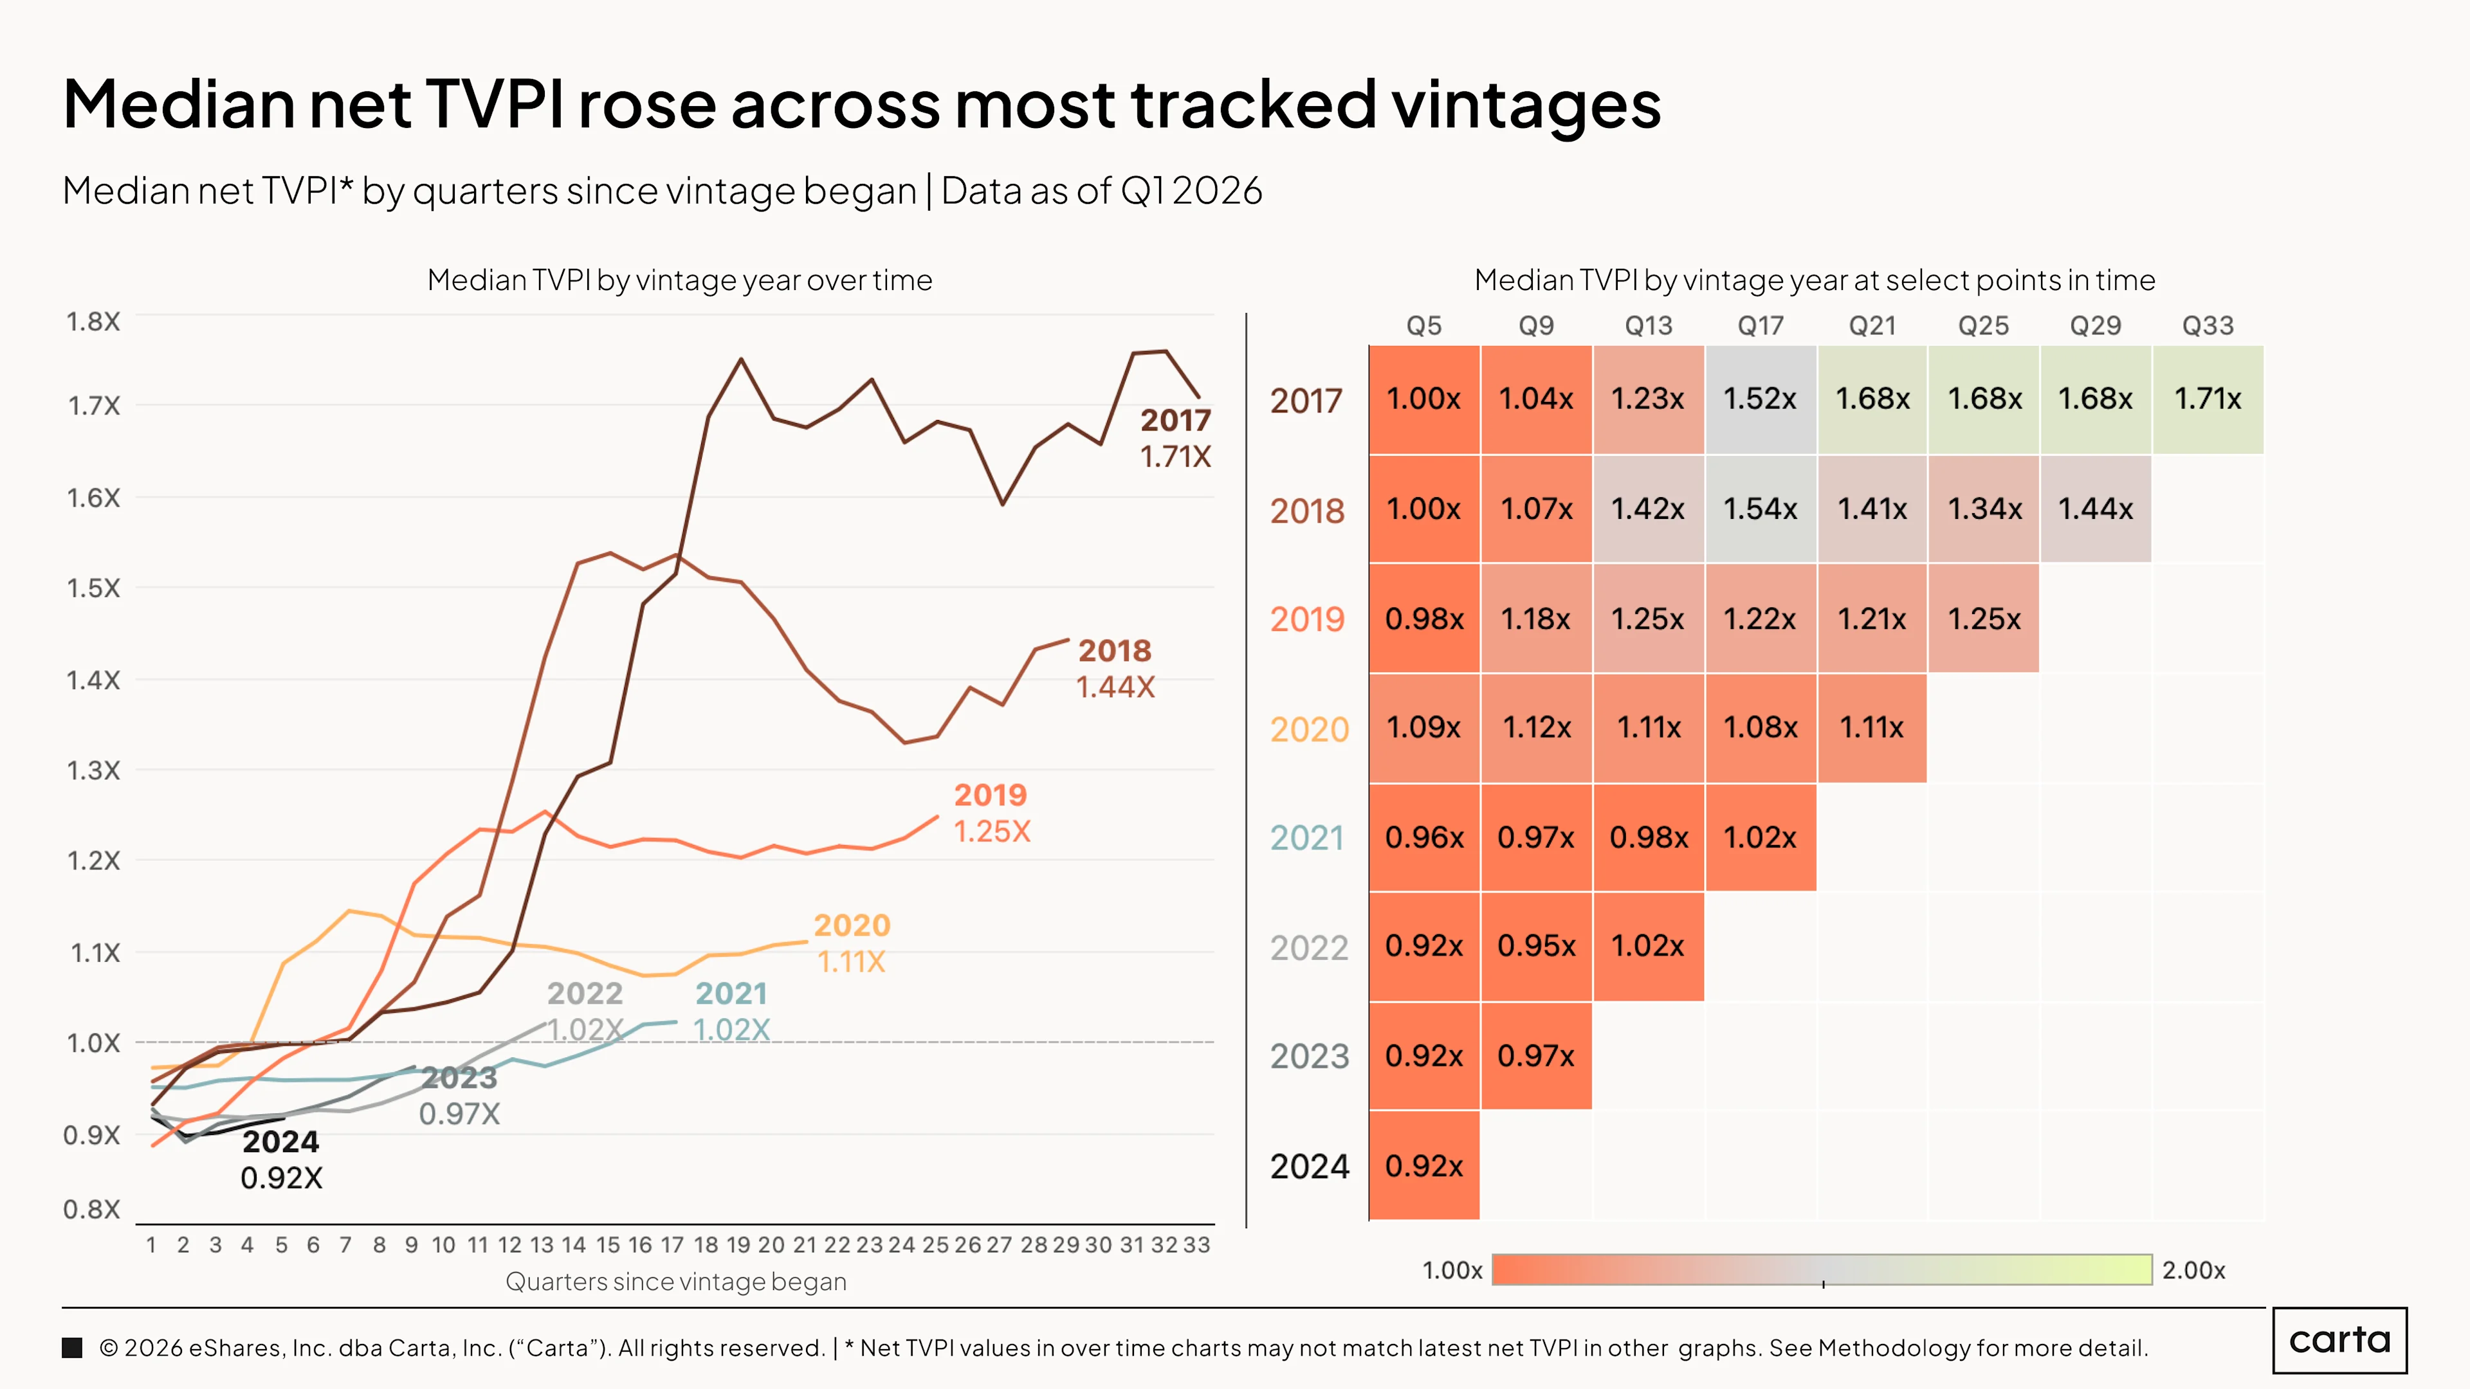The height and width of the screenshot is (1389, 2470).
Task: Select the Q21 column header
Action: coord(1872,326)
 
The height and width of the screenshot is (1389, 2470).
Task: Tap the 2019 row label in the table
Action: coord(1308,619)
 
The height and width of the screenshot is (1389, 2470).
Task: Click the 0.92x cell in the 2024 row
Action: coord(1424,1166)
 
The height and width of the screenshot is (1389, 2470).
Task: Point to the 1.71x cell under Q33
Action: coord(2208,399)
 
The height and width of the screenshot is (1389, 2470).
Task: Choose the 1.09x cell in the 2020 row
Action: coord(1424,727)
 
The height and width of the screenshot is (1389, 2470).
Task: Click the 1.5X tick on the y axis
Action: coord(94,588)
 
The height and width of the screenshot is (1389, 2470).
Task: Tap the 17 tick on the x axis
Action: coord(672,1244)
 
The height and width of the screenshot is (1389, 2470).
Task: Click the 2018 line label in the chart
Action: coord(1114,651)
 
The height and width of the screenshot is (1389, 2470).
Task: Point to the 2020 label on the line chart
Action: coord(852,925)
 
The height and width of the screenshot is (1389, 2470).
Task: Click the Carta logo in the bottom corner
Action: coord(2339,1340)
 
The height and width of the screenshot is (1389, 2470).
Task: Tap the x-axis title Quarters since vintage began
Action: coord(676,1282)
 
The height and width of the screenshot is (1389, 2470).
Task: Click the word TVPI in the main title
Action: coord(494,104)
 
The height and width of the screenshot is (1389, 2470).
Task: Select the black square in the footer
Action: coord(72,1348)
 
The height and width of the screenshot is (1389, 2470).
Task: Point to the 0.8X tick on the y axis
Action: coord(92,1210)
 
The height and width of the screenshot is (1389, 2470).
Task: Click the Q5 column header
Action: coord(1424,326)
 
